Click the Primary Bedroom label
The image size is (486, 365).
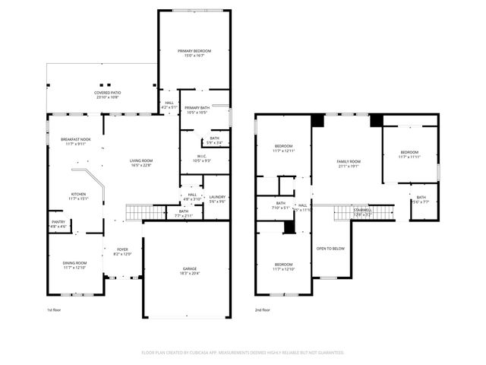[194, 51]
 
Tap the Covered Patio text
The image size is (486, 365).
[107, 92]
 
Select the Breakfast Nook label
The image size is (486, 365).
[76, 140]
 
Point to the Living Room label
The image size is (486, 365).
[141, 160]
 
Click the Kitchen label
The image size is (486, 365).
[78, 194]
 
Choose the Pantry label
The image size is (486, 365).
[58, 223]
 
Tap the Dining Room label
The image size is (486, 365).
[75, 263]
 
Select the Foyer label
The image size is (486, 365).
[122, 250]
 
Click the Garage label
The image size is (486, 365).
[189, 270]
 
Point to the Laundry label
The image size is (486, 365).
[218, 197]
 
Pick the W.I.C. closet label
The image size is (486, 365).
[201, 157]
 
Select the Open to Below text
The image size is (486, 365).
[331, 249]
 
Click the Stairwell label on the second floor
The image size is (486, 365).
[352, 212]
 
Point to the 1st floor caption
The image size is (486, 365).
[54, 311]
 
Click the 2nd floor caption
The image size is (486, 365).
[262, 311]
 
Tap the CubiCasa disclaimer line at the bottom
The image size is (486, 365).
[243, 352]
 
